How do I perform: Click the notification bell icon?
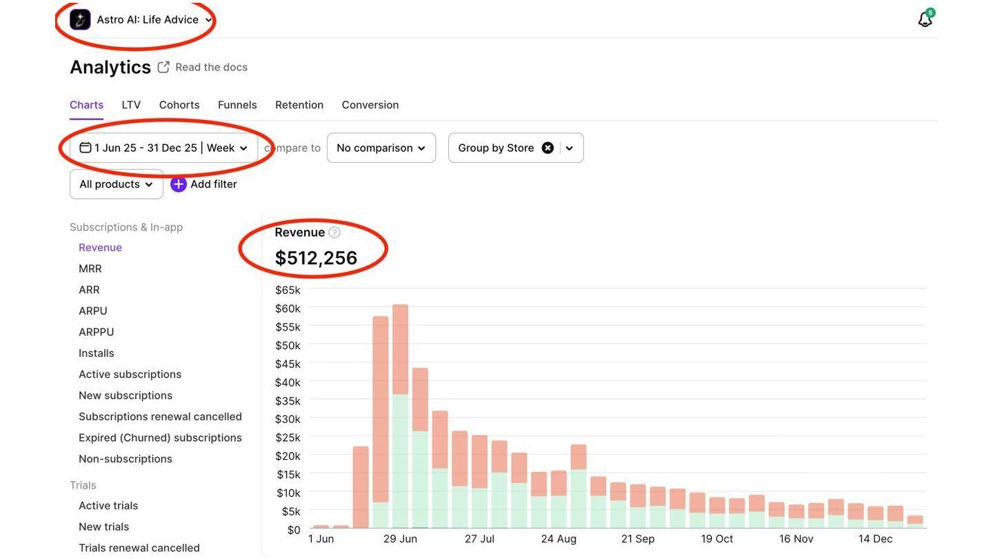[x=925, y=19]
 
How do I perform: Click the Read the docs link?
[x=211, y=67]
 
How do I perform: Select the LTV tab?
[x=131, y=105]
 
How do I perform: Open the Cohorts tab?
[x=179, y=105]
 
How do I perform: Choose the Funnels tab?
[x=237, y=105]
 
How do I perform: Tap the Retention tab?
[x=299, y=105]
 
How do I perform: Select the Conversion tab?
[x=370, y=105]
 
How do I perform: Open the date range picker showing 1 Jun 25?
[x=163, y=148]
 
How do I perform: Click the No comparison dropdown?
[x=381, y=148]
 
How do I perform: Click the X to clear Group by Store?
[x=548, y=148]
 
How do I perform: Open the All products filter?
[x=116, y=184]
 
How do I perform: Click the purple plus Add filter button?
[x=178, y=184]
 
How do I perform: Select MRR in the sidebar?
[x=90, y=268]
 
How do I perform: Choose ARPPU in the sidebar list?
[x=97, y=332]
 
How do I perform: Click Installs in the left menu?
[x=97, y=353]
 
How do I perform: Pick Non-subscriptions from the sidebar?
[x=126, y=459]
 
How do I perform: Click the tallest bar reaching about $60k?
[x=400, y=416]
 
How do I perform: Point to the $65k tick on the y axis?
[x=288, y=290]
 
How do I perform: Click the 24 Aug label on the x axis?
[x=559, y=539]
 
